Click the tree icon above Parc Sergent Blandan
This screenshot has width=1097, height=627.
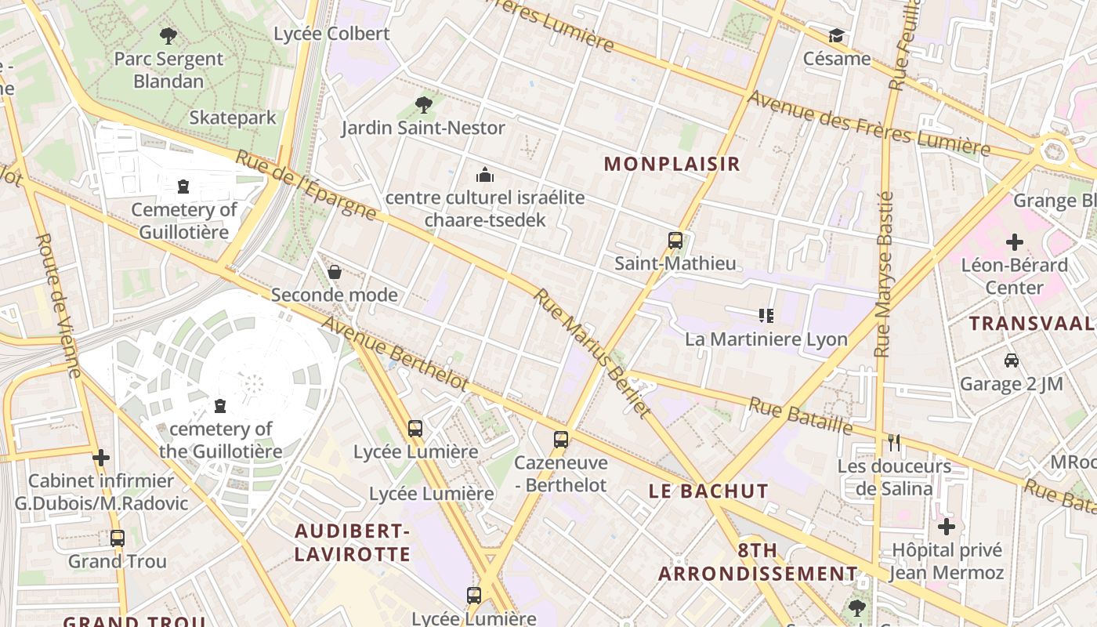[168, 35]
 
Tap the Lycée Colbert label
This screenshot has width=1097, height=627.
[331, 34]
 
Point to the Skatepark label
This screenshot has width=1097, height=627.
[233, 118]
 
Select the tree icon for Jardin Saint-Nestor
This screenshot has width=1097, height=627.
[424, 104]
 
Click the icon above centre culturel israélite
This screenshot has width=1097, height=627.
[485, 174]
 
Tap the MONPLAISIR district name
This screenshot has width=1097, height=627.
[672, 164]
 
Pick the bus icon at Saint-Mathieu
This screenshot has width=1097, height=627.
[675, 241]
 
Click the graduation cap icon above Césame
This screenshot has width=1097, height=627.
[837, 36]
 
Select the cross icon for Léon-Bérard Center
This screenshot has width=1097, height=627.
[1015, 242]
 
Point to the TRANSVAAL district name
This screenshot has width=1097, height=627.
[1031, 324]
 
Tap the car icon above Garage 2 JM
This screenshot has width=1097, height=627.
[1012, 361]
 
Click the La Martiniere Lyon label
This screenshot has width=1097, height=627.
[766, 339]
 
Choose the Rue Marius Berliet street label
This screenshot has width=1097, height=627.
[592, 352]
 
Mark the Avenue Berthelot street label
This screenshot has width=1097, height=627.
[395, 353]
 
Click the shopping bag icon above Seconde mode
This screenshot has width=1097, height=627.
[335, 272]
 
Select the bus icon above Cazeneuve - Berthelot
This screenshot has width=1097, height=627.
[561, 439]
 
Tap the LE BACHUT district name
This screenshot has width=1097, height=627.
[708, 491]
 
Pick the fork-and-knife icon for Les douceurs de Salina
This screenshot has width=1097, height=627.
[894, 443]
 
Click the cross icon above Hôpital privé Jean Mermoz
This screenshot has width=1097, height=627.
[947, 527]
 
